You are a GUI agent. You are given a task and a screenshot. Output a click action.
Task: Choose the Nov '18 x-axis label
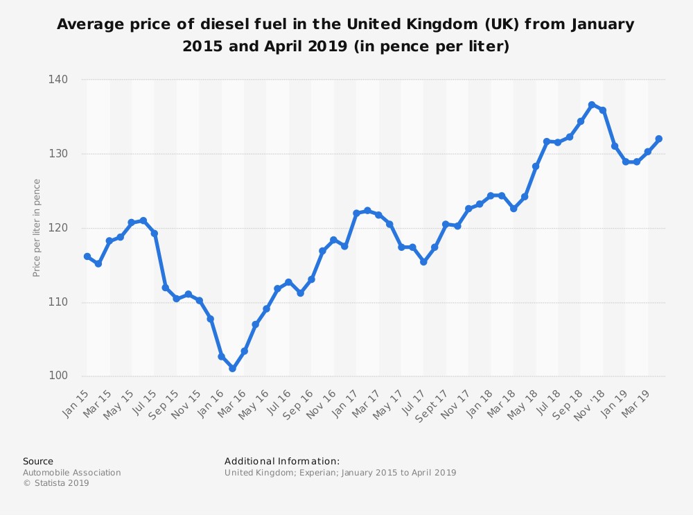[593, 402]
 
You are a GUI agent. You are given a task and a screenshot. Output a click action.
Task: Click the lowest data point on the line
[233, 369]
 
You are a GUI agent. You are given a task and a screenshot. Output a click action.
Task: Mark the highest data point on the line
[592, 105]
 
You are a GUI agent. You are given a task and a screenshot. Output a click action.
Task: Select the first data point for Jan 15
[87, 256]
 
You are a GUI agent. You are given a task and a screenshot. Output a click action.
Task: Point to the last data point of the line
[659, 139]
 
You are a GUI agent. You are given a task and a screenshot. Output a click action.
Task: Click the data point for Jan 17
[356, 213]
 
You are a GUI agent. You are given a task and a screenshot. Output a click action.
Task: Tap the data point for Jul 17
[423, 262]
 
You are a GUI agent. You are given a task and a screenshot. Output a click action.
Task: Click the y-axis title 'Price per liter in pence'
[37, 228]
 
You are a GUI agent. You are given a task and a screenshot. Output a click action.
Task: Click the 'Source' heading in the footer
[38, 461]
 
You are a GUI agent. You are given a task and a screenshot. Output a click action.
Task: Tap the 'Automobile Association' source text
[72, 473]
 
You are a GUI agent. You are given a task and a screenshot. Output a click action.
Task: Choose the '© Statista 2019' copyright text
[56, 483]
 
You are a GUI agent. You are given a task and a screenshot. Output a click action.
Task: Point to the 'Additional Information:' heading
[282, 461]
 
